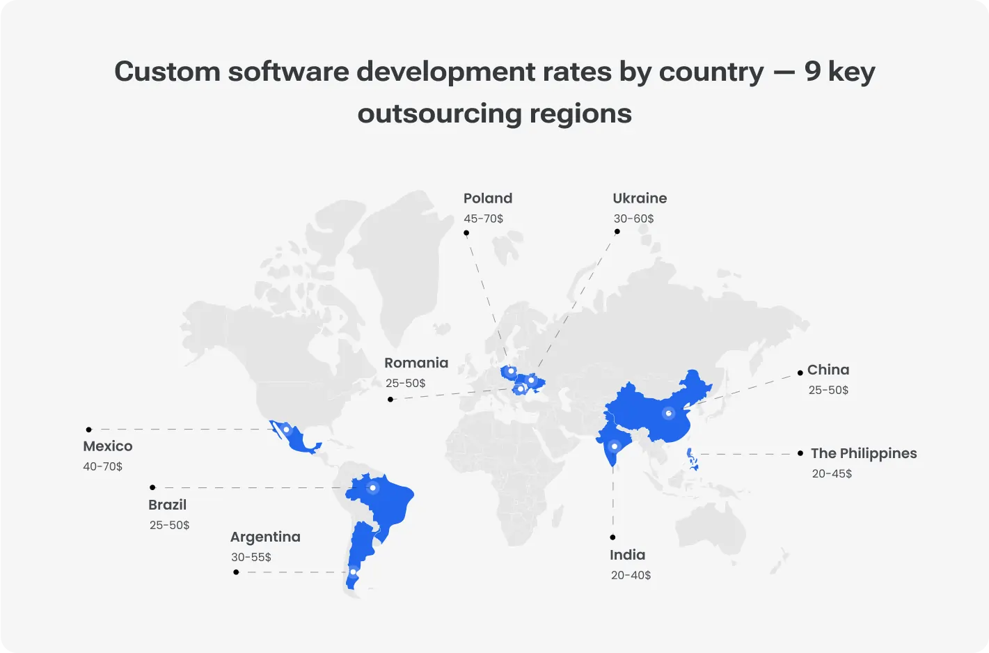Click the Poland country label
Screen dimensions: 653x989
487,198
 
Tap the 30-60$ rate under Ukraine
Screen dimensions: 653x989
633,219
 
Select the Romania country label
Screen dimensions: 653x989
416,363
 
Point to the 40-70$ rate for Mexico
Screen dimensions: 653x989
102,466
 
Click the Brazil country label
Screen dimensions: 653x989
167,505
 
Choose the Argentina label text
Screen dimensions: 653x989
265,537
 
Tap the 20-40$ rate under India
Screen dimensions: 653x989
631,575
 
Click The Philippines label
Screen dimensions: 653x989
863,453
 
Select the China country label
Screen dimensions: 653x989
828,370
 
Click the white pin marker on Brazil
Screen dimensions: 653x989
373,488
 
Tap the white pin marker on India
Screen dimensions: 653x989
614,446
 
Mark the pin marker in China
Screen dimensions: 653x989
668,414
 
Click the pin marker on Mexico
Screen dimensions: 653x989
286,430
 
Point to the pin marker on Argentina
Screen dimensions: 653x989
353,572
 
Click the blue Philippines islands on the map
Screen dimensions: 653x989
693,459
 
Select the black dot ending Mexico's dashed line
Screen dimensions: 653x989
88,430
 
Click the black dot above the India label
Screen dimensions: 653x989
612,537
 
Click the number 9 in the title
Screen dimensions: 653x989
812,72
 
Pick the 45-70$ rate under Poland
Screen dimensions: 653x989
483,219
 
